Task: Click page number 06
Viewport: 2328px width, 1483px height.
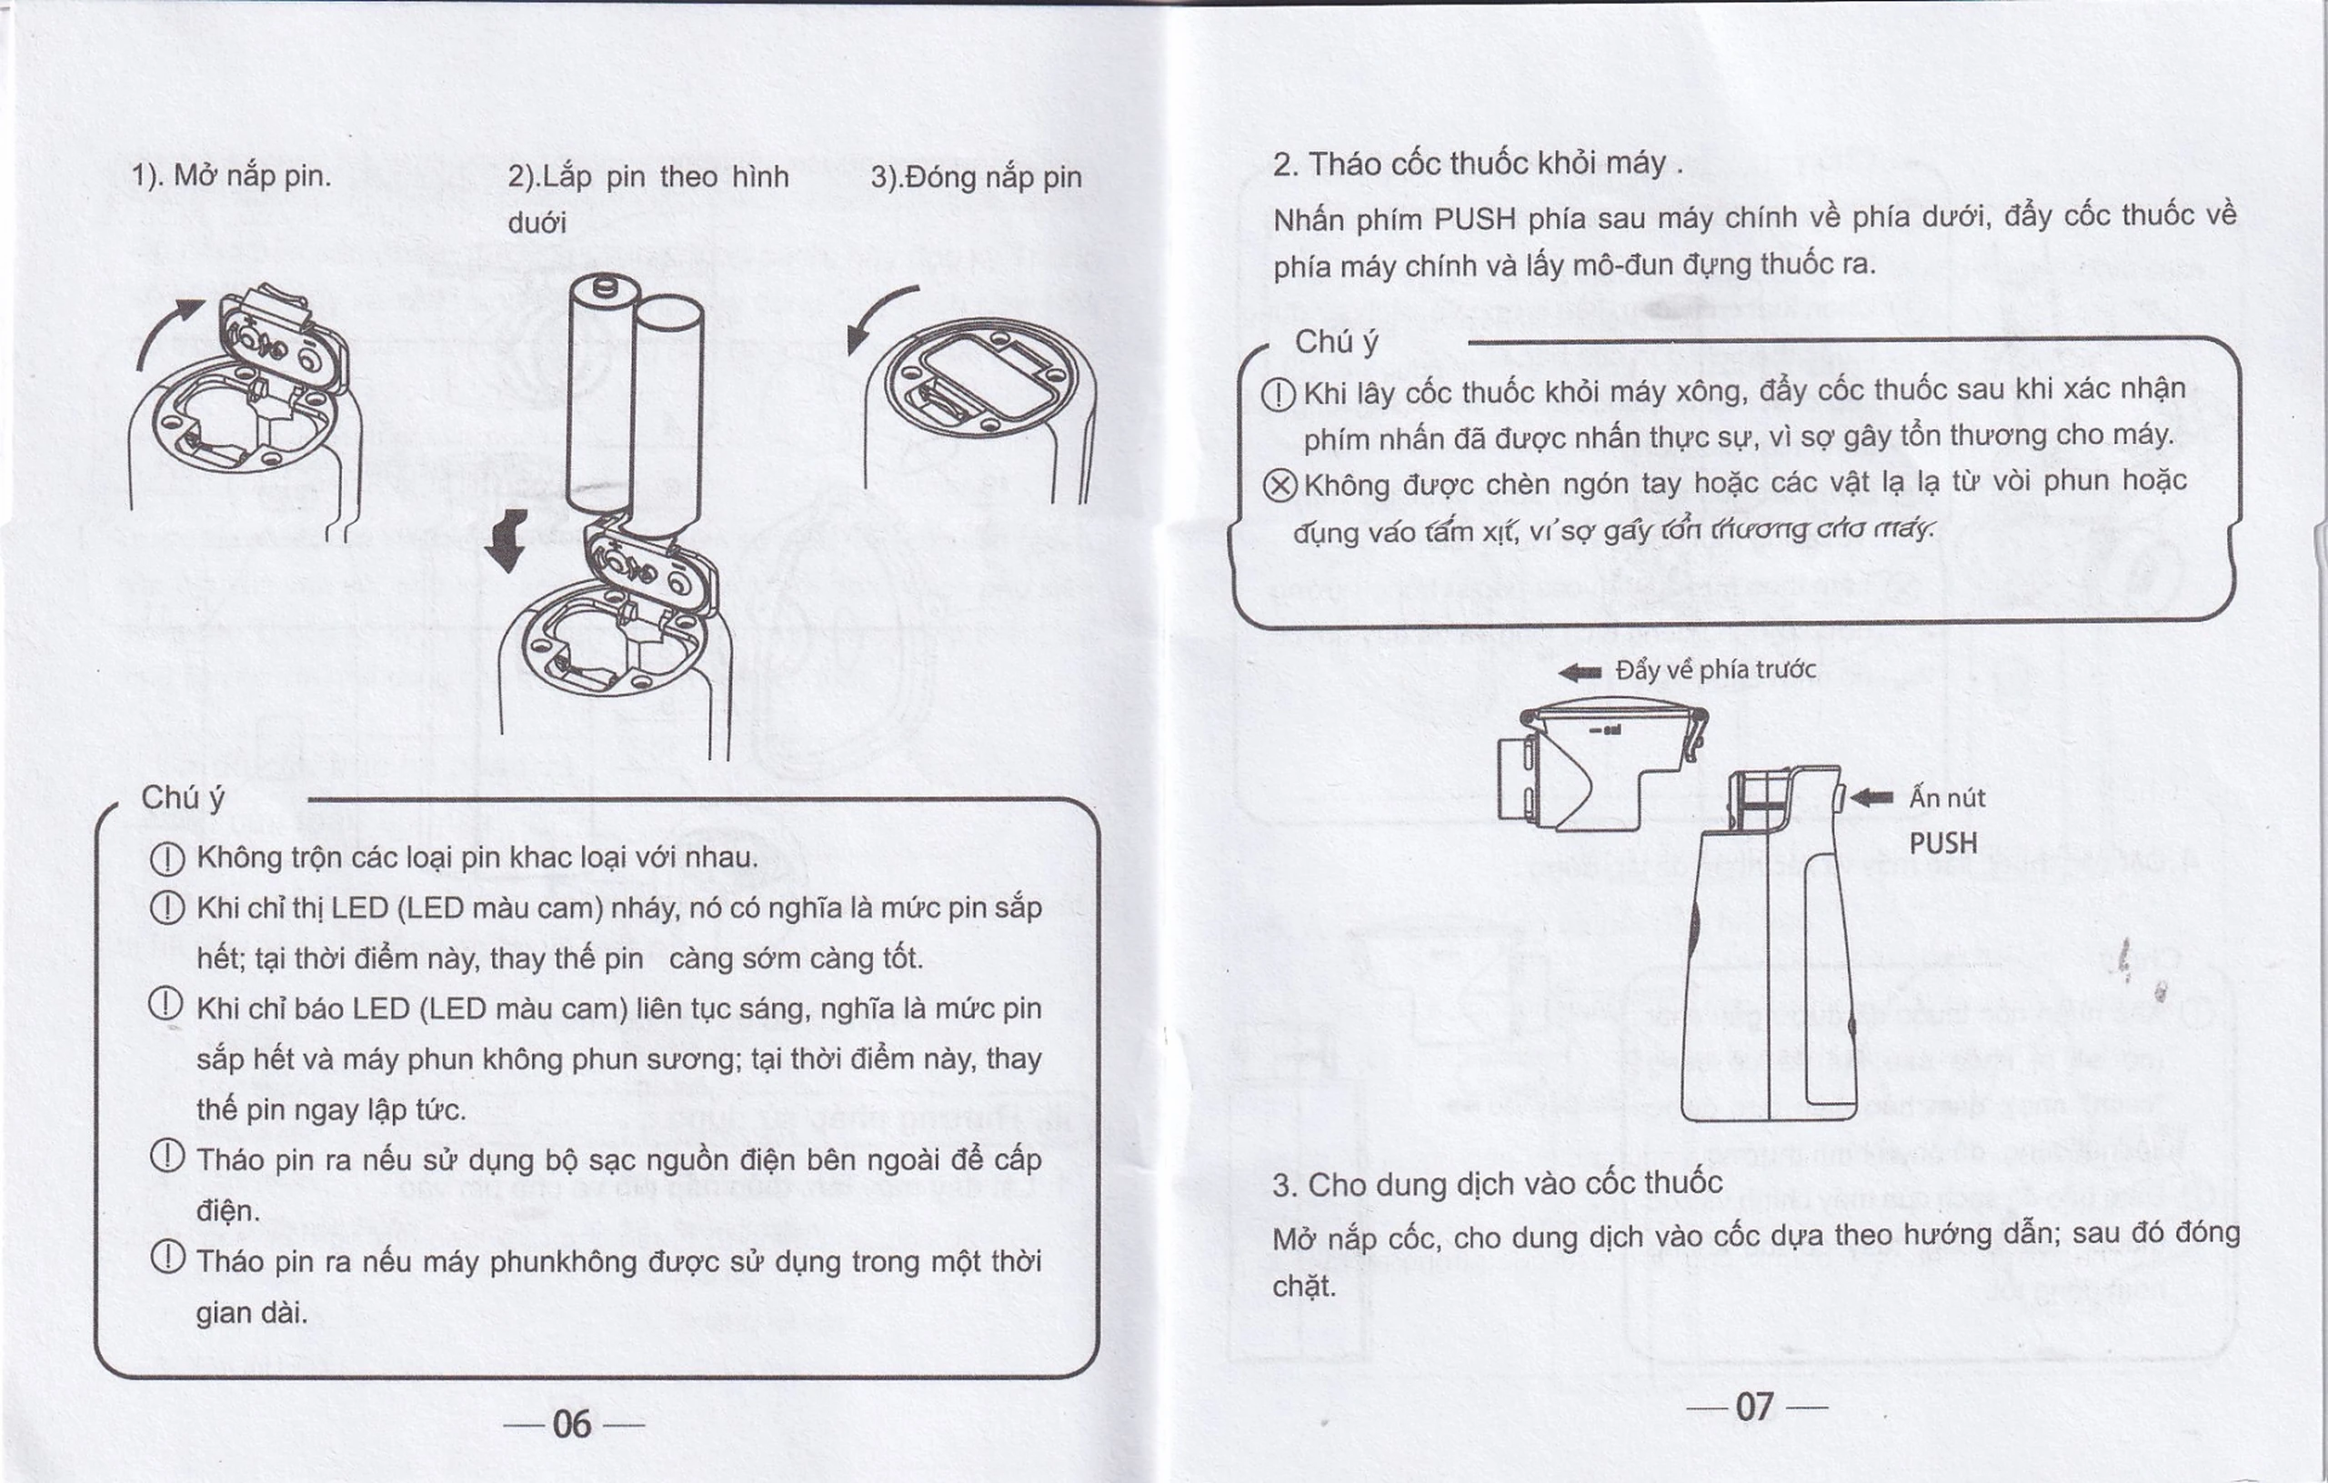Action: point(571,1424)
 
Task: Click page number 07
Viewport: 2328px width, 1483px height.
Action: point(1755,1407)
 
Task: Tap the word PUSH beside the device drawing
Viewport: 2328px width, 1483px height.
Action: point(1942,844)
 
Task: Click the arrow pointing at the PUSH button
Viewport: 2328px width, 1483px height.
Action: point(1871,797)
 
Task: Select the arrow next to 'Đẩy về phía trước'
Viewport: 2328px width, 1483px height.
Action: point(1580,672)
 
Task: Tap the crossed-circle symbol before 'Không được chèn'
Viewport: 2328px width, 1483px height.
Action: point(1280,485)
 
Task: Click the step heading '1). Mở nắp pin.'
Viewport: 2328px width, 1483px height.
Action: point(231,176)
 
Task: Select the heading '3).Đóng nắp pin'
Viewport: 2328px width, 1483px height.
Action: point(977,177)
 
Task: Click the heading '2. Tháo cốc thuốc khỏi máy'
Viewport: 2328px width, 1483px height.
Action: point(1470,165)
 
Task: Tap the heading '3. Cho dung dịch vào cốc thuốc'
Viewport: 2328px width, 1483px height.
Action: point(1497,1184)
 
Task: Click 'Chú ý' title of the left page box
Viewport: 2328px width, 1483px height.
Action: point(183,797)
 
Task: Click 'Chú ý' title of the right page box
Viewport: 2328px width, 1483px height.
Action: point(1336,342)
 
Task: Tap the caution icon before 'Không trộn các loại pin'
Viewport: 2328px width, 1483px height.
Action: point(167,858)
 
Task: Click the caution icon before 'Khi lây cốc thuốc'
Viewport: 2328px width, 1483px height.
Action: point(1279,395)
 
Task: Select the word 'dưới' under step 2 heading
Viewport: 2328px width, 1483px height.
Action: point(536,225)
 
